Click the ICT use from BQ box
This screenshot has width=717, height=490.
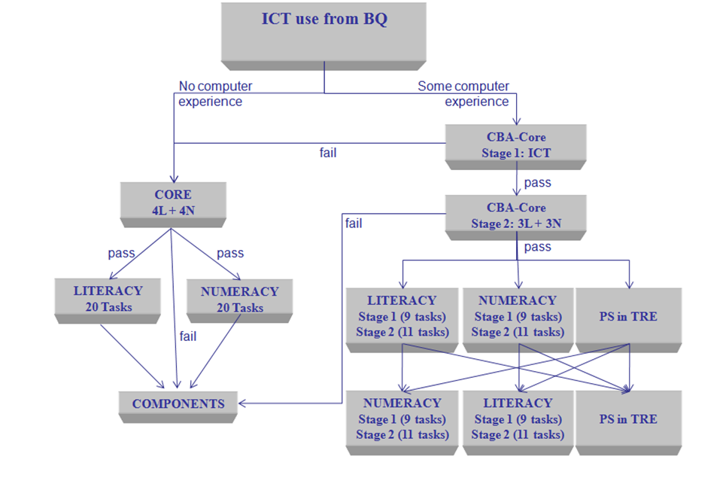pos(324,30)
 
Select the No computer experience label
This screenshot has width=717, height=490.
pos(214,93)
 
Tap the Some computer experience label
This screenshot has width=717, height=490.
pos(463,93)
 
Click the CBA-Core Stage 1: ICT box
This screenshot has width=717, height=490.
pos(515,145)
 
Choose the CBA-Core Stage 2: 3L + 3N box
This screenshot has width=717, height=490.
pos(515,215)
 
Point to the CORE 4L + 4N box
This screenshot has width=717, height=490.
pos(173,202)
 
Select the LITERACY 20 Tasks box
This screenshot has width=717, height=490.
pos(108,299)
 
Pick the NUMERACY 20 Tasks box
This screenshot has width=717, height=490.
pos(239,299)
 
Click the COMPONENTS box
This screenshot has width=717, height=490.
pos(178,404)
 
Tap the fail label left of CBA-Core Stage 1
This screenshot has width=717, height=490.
pos(328,153)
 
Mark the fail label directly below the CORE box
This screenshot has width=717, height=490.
pos(188,336)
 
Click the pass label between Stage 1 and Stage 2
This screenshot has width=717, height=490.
pos(537,182)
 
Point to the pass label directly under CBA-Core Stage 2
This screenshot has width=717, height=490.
pos(537,247)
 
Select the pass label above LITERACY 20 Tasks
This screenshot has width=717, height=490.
pos(121,253)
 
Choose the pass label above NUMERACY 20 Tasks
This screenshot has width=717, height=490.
pos(230,253)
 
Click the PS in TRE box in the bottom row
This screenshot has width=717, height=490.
pos(628,419)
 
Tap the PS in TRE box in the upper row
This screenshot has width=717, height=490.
pos(628,316)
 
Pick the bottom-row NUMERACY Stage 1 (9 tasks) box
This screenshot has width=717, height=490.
pos(402,419)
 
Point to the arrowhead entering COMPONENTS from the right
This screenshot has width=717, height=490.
pos(244,403)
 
